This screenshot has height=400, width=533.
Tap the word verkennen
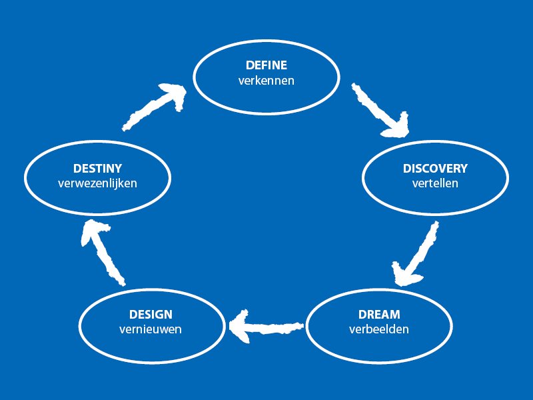(266, 81)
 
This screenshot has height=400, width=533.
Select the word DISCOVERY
(435, 169)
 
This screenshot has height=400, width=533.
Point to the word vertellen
(435, 183)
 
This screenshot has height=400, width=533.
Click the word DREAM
(379, 315)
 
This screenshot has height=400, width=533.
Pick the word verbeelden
(379, 329)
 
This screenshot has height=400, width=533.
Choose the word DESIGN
(151, 315)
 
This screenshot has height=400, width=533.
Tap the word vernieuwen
(151, 329)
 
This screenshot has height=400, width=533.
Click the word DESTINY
(98, 169)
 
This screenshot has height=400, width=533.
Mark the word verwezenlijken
(98, 183)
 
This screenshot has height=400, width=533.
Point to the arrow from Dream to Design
(266, 326)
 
